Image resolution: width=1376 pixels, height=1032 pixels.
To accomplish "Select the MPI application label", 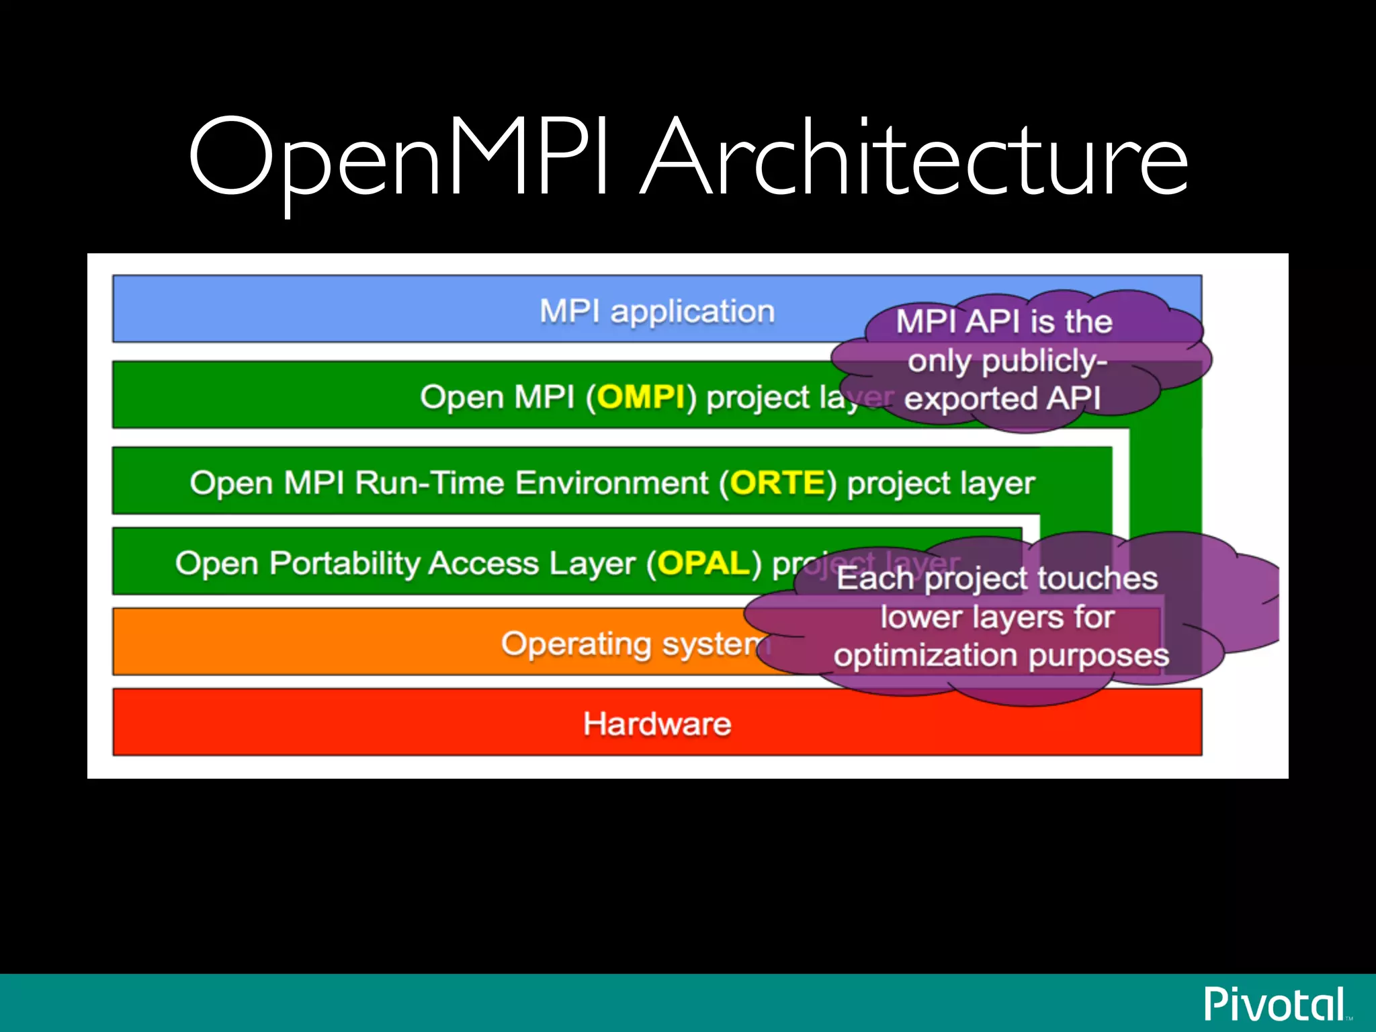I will pos(657,311).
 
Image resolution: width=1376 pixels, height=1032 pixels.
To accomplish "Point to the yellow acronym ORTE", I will pos(777,482).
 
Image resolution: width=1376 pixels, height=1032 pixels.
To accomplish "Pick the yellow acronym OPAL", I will pos(703,563).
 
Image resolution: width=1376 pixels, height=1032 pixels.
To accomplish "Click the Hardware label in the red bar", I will pos(657,724).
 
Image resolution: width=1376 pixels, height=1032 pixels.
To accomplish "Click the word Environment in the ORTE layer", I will pos(611,482).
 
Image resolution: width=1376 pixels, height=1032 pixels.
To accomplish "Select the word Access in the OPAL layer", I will pos(483,563).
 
